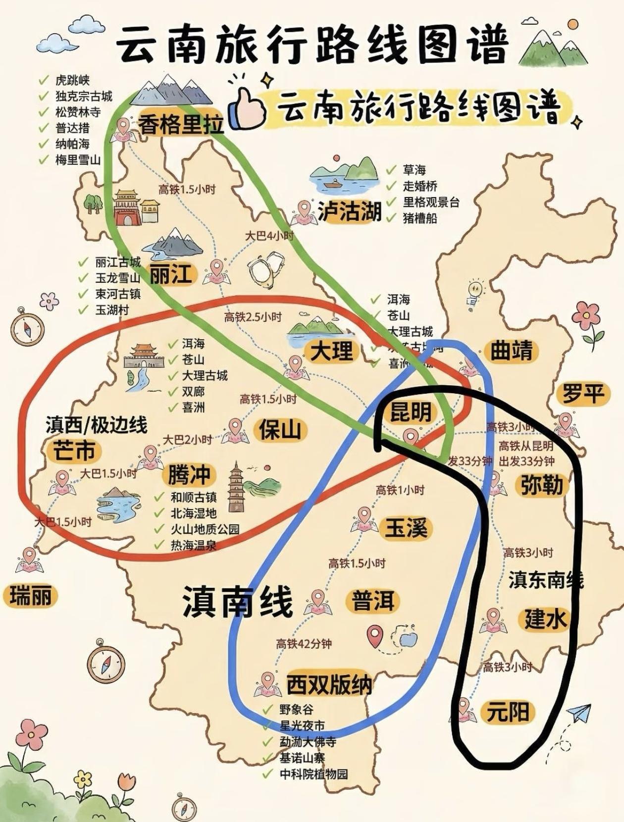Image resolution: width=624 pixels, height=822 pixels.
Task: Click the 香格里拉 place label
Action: coord(180,124)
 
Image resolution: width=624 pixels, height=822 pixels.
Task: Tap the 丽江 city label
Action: coord(170,274)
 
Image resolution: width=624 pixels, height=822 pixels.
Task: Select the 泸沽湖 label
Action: coord(350,211)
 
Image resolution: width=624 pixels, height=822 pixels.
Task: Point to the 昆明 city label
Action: coord(411,411)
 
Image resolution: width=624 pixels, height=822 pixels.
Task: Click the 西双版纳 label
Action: coord(329,685)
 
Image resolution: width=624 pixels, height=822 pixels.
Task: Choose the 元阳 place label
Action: coord(508,712)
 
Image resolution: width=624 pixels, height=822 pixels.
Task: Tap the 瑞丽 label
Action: coord(30,595)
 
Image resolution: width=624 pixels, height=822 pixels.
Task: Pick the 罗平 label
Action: coord(583,394)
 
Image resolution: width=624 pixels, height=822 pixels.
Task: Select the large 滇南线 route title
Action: coord(237,601)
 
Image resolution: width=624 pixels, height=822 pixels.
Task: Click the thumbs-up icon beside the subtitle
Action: coord(249,108)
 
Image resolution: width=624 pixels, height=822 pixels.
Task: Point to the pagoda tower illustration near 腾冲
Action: coord(236,487)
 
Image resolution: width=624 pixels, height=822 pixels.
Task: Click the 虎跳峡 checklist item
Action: coord(72,80)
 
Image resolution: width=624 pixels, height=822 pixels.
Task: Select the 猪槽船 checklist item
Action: coord(420,218)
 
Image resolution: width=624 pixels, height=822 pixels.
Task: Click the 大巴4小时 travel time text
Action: coord(269,236)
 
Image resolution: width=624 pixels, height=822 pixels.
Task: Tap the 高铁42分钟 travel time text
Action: coord(304,644)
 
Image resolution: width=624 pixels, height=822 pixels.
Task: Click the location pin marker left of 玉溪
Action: coord(364,517)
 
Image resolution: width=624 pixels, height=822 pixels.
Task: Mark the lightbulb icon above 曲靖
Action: coord(474,291)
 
